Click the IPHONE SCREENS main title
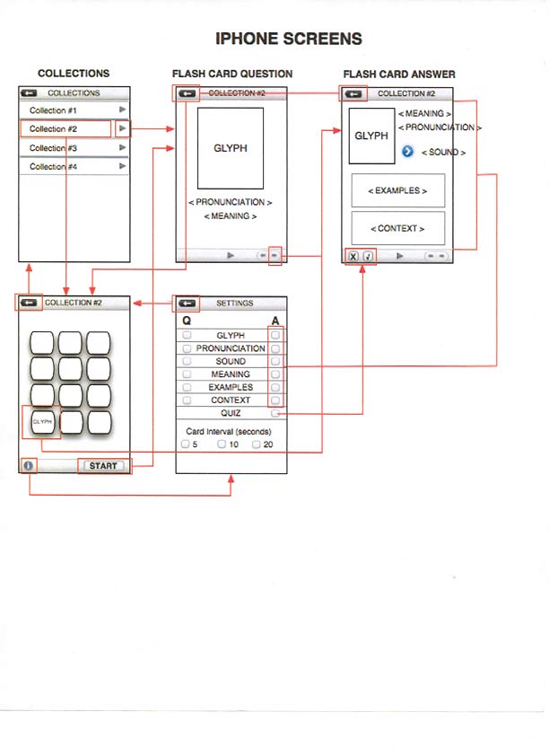(289, 39)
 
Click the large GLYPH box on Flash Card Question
(231, 148)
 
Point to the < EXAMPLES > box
(397, 191)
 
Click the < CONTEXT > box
(397, 228)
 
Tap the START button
(103, 466)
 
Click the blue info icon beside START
(29, 466)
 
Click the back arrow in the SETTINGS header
(187, 303)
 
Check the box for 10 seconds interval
(221, 444)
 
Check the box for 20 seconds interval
(256, 444)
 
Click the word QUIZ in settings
(231, 413)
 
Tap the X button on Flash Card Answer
(353, 256)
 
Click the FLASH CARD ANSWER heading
(399, 74)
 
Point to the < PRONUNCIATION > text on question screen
(231, 203)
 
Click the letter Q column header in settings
(187, 321)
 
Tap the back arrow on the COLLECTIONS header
(29, 92)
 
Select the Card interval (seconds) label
(229, 432)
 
